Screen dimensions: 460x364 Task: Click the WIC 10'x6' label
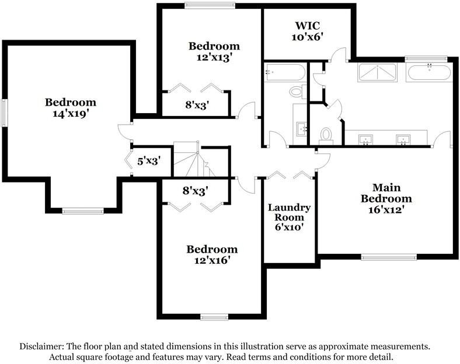(x=308, y=31)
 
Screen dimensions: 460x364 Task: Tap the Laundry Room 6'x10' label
(x=290, y=217)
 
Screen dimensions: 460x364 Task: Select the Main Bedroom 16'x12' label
(x=386, y=198)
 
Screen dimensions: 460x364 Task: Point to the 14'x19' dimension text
(x=71, y=113)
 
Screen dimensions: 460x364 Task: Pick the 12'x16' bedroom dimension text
(x=212, y=260)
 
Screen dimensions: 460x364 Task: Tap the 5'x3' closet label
(x=149, y=160)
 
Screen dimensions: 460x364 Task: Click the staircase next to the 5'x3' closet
(x=194, y=159)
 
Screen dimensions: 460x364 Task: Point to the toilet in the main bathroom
(x=326, y=136)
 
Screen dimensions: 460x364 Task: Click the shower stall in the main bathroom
(x=377, y=72)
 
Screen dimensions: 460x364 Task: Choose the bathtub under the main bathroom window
(x=429, y=72)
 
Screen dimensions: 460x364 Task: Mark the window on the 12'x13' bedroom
(x=210, y=5)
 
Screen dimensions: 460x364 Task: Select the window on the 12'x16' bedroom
(x=214, y=317)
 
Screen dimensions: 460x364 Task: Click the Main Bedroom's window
(x=389, y=257)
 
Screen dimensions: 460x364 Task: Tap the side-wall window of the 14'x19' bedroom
(x=4, y=113)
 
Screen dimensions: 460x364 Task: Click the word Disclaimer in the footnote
(x=41, y=346)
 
